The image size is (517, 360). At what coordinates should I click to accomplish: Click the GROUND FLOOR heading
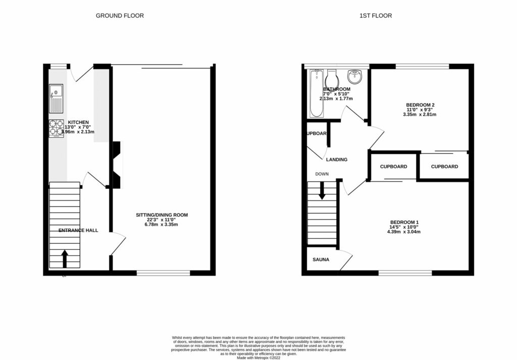[x=120, y=16]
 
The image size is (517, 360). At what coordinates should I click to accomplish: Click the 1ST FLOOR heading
[x=375, y=16]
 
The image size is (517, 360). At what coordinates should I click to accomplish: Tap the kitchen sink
[x=56, y=99]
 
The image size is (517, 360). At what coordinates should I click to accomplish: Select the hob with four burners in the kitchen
[x=56, y=128]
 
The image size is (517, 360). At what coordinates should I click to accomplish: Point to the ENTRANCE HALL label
[x=78, y=230]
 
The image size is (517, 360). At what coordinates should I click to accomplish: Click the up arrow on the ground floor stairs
[x=64, y=258]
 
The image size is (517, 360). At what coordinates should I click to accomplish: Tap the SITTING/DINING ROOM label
[x=162, y=215]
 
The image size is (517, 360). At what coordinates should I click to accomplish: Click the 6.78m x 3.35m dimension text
[x=162, y=225]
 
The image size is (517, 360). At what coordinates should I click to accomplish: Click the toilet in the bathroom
[x=332, y=81]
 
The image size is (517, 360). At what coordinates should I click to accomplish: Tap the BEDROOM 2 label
[x=419, y=105]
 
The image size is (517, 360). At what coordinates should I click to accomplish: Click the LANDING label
[x=337, y=160]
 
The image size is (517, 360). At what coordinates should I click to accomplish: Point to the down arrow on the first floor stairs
[x=322, y=191]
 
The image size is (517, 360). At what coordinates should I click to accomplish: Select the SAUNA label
[x=321, y=260]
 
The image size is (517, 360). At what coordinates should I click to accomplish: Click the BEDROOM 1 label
[x=404, y=223]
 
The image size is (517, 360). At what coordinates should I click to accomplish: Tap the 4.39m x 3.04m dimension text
[x=404, y=232]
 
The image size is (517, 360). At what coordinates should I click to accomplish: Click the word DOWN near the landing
[x=322, y=174]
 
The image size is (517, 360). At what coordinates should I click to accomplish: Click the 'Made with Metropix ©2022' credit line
[x=258, y=357]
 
